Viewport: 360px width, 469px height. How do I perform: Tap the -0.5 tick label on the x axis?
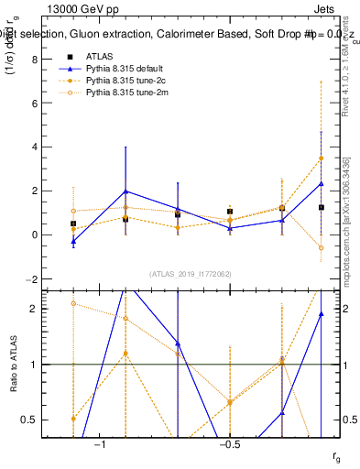(x=228, y=444)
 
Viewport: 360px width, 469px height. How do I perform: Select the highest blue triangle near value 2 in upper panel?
(x=125, y=191)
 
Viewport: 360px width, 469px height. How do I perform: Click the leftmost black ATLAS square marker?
(x=73, y=224)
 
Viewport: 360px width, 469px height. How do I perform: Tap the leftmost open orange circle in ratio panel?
(x=73, y=303)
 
